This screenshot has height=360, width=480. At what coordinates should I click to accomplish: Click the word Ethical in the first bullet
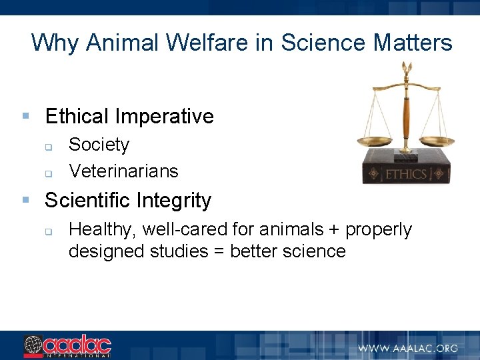click(76, 117)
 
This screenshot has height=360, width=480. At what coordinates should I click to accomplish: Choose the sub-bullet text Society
click(99, 145)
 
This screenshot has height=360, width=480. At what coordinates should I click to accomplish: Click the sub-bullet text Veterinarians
click(123, 171)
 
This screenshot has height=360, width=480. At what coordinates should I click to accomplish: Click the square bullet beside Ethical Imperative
click(25, 117)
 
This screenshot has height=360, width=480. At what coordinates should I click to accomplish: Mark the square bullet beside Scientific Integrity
click(25, 200)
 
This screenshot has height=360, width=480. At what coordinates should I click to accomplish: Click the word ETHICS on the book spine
click(406, 175)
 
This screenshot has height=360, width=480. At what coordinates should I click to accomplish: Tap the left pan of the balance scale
click(376, 141)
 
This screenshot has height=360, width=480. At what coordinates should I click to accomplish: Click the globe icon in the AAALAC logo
click(33, 345)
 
